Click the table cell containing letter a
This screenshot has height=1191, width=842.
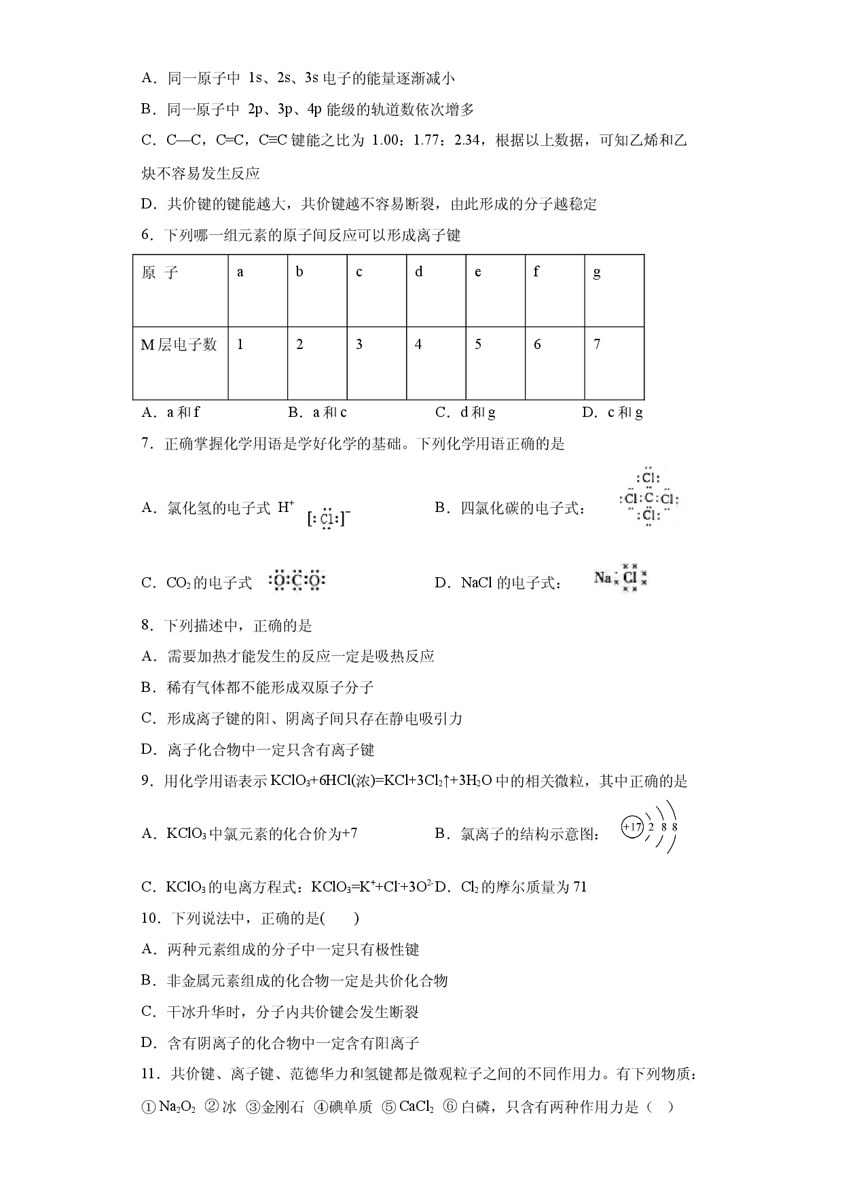tap(258, 291)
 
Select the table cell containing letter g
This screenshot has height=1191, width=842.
tap(614, 291)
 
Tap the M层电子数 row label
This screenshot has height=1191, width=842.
tap(181, 363)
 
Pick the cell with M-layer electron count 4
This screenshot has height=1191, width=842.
tap(436, 363)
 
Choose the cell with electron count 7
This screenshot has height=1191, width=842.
tap(614, 363)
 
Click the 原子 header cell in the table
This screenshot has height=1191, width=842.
tap(181, 291)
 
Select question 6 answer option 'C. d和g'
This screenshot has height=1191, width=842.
tap(465, 412)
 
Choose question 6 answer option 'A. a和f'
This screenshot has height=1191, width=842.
tap(170, 412)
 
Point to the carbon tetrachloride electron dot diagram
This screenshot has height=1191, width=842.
tap(648, 498)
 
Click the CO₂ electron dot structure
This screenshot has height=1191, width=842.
tap(297, 581)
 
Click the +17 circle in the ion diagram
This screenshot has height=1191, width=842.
tap(631, 827)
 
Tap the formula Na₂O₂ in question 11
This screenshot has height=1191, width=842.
tap(177, 1107)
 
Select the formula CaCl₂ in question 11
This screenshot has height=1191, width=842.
tap(416, 1107)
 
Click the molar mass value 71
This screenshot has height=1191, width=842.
tap(579, 887)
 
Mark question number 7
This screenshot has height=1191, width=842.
tap(149, 444)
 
